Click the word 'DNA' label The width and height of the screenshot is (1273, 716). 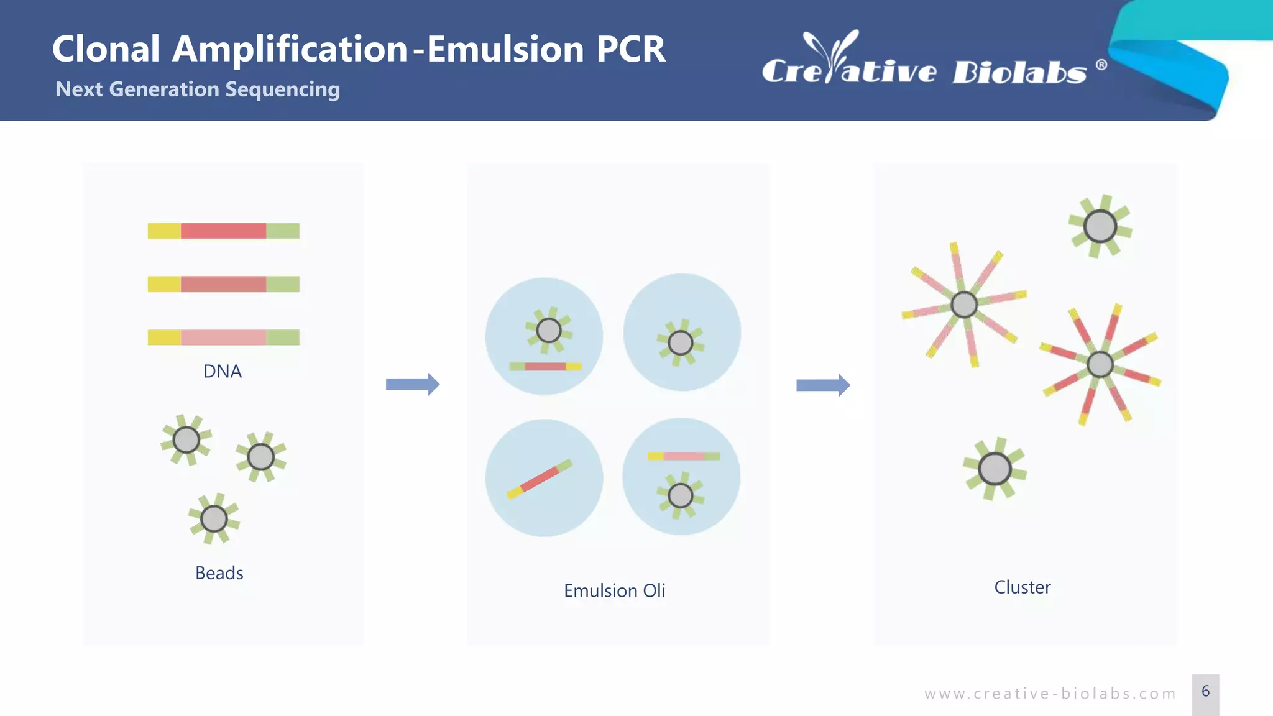click(x=223, y=371)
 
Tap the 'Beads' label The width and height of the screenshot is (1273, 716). click(x=219, y=572)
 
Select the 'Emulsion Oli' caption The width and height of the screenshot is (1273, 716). click(x=614, y=590)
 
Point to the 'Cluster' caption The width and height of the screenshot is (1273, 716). click(x=1023, y=587)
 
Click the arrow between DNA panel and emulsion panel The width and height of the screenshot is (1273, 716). click(x=413, y=384)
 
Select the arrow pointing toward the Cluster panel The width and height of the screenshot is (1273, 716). click(x=823, y=385)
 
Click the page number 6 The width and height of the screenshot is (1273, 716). click(x=1206, y=691)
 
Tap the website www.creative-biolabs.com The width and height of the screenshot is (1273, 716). click(x=1050, y=694)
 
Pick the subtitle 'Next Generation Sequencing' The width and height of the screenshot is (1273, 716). click(x=198, y=89)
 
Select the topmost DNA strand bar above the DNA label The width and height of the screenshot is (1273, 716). click(x=224, y=231)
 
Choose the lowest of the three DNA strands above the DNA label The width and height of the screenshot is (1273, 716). click(x=224, y=337)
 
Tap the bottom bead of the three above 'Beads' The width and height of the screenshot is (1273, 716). click(x=214, y=518)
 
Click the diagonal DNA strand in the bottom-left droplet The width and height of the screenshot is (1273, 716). click(x=540, y=479)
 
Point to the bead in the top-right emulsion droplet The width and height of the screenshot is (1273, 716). click(x=681, y=342)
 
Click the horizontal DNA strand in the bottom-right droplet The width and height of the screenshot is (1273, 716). click(x=684, y=456)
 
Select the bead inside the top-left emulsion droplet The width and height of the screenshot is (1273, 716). click(x=549, y=330)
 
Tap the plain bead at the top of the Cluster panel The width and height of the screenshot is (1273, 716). click(x=1100, y=226)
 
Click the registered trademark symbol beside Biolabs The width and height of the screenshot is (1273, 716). click(x=1101, y=65)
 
